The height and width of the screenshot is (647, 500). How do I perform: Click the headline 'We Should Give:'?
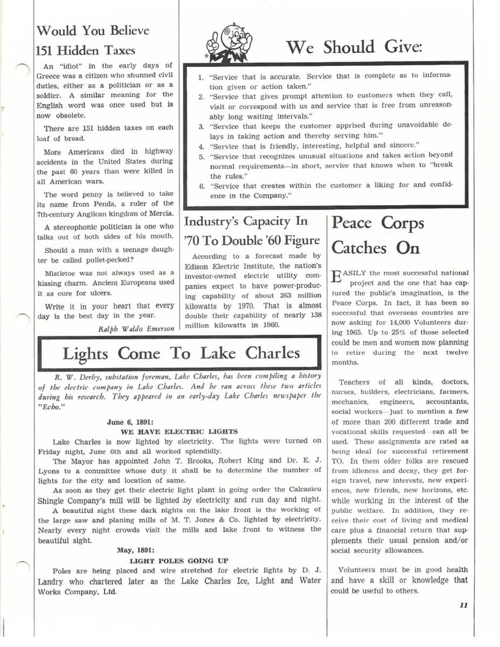pyautogui.click(x=353, y=47)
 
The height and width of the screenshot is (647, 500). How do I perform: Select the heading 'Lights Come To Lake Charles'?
pyautogui.click(x=181, y=353)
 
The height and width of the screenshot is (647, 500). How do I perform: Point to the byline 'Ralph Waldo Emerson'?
pyautogui.click(x=136, y=329)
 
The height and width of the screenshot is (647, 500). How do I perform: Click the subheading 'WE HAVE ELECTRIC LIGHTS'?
pyautogui.click(x=179, y=431)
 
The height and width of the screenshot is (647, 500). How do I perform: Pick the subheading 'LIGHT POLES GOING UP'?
pyautogui.click(x=179, y=561)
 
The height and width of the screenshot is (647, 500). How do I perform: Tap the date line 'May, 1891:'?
pyautogui.click(x=136, y=550)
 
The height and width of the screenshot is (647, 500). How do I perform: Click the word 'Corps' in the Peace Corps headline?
pyautogui.click(x=399, y=223)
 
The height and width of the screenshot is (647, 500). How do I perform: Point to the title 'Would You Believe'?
pyautogui.click(x=92, y=30)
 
